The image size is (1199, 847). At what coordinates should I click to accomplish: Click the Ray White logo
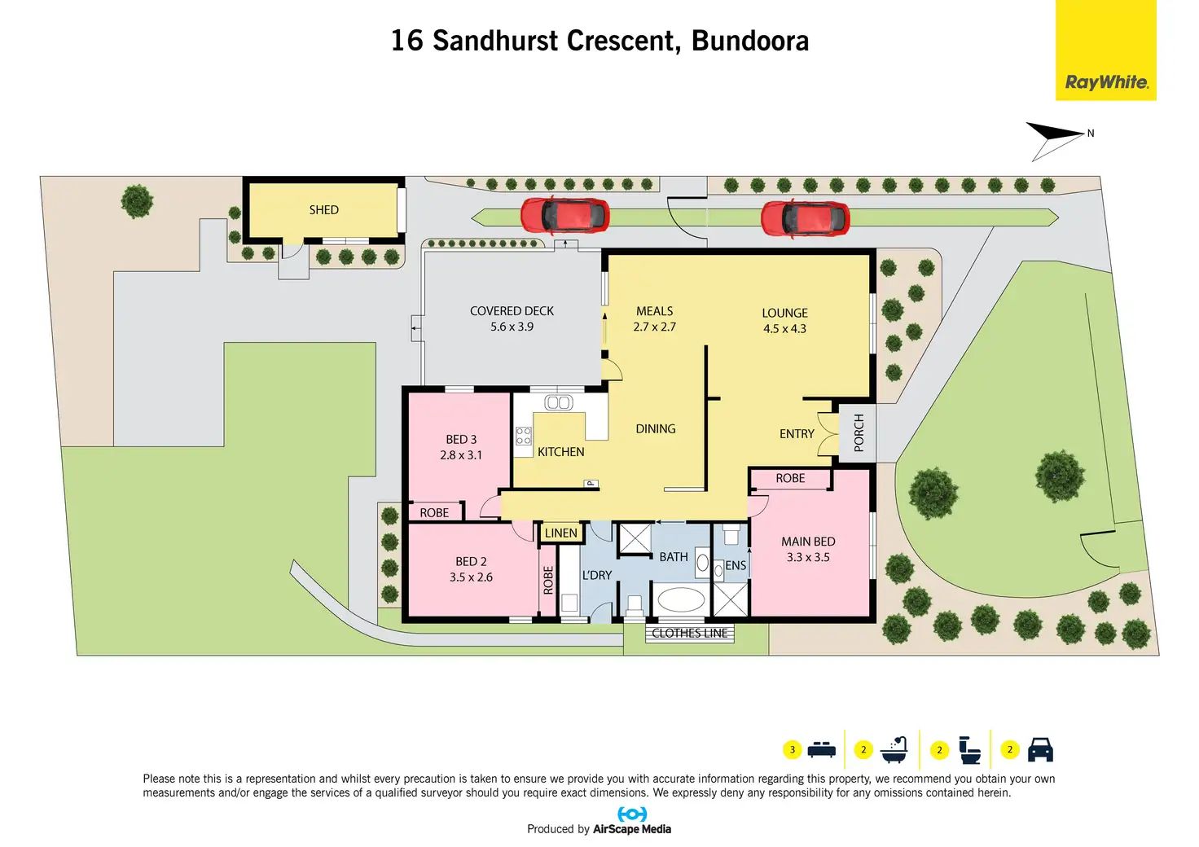[x=1105, y=82]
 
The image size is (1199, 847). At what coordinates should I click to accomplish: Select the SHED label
[x=323, y=210]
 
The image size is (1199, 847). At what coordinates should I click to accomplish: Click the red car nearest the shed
[x=564, y=215]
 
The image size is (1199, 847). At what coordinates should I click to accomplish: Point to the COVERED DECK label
[x=512, y=311]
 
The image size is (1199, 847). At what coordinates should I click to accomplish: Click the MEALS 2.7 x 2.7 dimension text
[x=654, y=327]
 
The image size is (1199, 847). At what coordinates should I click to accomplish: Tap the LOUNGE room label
[x=784, y=313]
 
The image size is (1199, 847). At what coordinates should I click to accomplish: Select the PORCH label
[x=859, y=432]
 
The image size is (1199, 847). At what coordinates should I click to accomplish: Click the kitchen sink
[x=558, y=402]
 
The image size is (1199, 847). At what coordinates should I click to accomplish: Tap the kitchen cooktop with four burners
[x=523, y=436]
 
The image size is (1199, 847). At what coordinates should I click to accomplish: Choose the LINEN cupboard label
[x=560, y=533]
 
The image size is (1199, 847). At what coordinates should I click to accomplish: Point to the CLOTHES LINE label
[x=689, y=633]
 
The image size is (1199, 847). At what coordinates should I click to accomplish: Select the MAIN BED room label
[x=807, y=542]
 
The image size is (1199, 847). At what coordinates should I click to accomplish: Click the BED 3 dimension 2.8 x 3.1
[x=461, y=455]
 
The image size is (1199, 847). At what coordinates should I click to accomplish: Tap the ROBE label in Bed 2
[x=548, y=580]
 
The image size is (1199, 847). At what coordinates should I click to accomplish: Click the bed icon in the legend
[x=821, y=749]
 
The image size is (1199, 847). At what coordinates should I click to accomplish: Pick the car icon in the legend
[x=1040, y=749]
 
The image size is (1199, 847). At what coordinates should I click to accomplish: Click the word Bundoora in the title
[x=749, y=41]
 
